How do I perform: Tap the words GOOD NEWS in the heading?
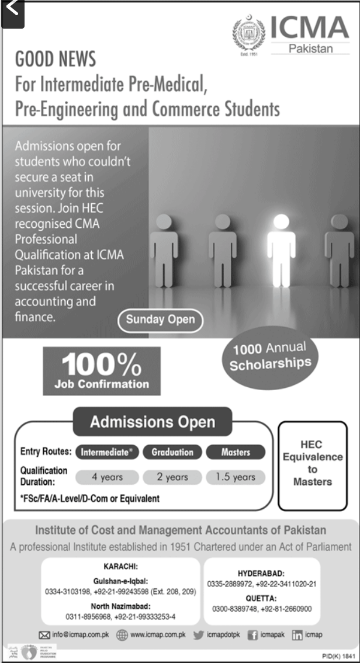56,59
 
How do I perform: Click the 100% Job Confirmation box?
102,371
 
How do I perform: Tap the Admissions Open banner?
153,422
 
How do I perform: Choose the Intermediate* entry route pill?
106,452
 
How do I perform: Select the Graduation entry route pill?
172,452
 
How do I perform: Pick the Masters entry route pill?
236,452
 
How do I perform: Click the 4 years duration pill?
107,477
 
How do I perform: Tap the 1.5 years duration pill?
235,477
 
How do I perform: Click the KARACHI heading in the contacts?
121,567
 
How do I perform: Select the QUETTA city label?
261,598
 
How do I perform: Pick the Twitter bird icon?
197,636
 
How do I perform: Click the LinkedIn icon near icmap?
297,636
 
